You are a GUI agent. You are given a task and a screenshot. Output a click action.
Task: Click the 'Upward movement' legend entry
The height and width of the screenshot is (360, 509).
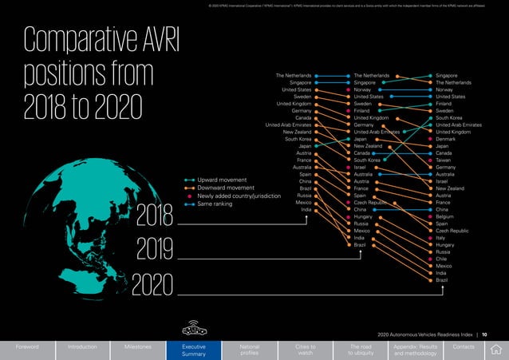click(x=224, y=180)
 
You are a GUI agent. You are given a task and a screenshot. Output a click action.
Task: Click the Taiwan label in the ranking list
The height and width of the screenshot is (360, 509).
click(x=444, y=160)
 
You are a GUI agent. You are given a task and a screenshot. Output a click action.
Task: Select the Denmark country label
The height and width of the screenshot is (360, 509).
click(x=446, y=139)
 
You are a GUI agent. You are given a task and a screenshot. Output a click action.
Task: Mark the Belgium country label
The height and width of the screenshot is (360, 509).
click(x=445, y=216)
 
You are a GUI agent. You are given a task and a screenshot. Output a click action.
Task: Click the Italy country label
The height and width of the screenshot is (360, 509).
click(x=441, y=237)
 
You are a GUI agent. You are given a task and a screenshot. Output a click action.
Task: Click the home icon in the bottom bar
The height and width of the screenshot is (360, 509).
click(x=498, y=349)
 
